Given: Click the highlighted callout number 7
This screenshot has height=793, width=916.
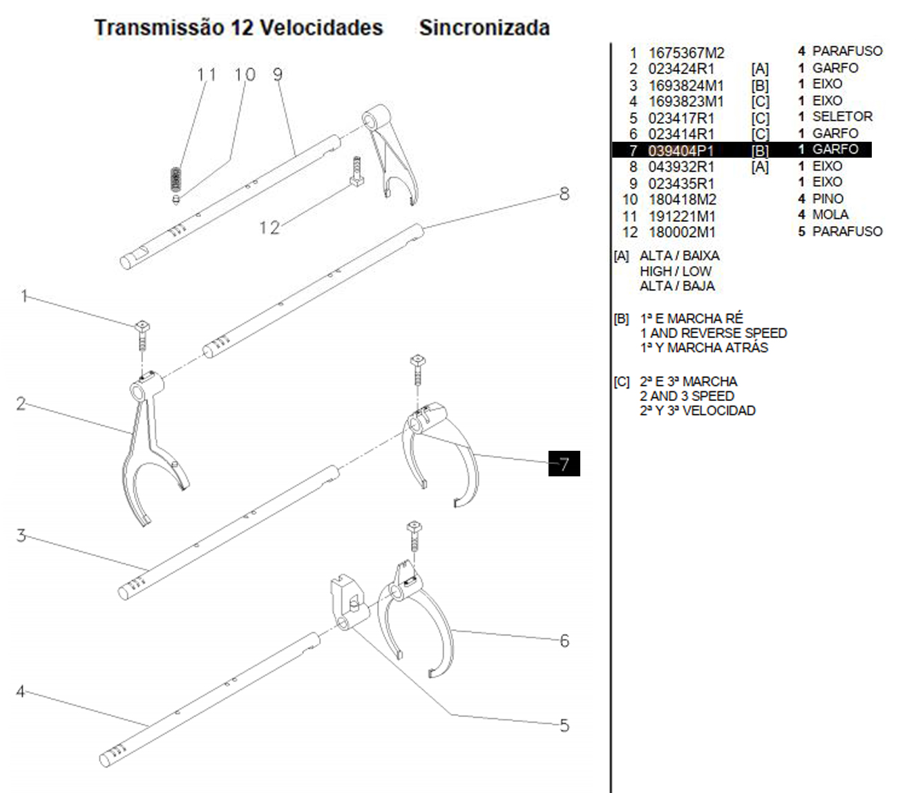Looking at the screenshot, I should click(x=564, y=463).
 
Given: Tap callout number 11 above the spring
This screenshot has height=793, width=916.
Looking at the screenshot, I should click(x=207, y=75).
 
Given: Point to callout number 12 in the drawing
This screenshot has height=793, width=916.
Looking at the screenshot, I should click(x=269, y=227).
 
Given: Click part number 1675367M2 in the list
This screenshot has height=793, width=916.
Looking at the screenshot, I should click(x=686, y=53).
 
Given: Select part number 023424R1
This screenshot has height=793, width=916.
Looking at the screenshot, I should click(x=681, y=68).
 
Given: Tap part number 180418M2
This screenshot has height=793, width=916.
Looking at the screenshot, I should click(x=683, y=200).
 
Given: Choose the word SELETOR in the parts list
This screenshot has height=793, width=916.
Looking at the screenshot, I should click(x=842, y=116).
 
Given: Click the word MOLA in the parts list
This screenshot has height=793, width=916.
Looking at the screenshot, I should click(x=830, y=214).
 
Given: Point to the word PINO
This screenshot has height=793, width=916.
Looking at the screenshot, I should click(x=828, y=198).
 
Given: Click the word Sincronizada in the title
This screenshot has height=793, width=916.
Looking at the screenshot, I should click(x=484, y=28).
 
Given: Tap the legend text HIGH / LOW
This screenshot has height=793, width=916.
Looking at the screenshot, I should click(x=675, y=271).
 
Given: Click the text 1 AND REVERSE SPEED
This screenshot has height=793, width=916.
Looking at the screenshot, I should click(x=713, y=333).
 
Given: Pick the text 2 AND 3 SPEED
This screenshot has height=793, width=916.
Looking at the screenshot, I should click(x=687, y=396).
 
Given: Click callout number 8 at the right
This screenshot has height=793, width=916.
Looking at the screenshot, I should click(x=564, y=194).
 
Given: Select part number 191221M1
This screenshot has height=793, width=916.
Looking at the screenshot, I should click(x=683, y=216).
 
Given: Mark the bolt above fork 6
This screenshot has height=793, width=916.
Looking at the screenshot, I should click(x=414, y=537).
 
